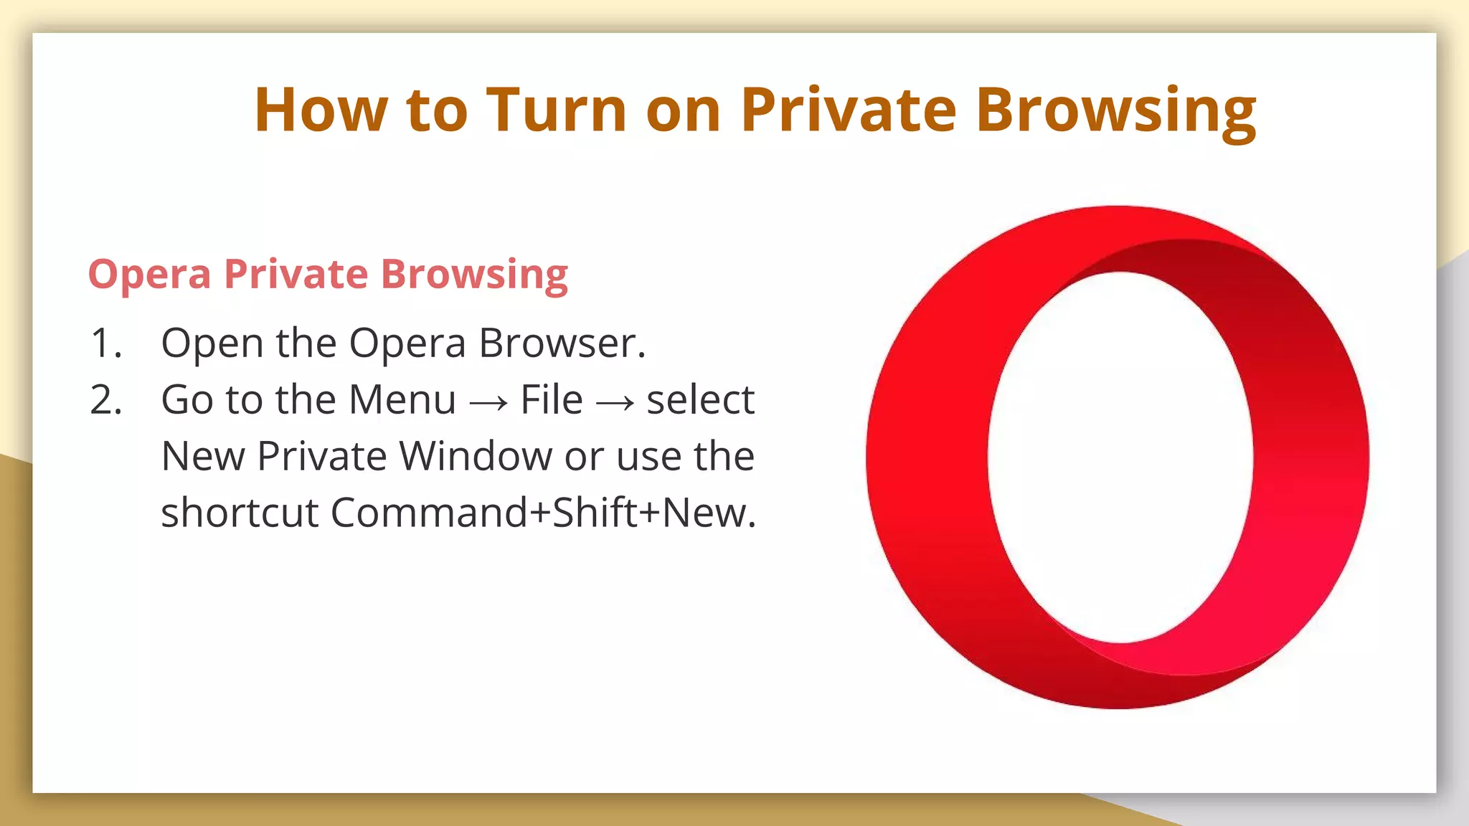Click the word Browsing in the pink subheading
[474, 275]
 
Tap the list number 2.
[105, 399]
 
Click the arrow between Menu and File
[488, 402]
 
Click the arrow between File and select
[615, 402]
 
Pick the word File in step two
[551, 399]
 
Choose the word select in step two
[700, 399]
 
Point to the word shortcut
[240, 513]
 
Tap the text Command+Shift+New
[542, 513]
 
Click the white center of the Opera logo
[1120, 457]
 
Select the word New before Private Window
[203, 456]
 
